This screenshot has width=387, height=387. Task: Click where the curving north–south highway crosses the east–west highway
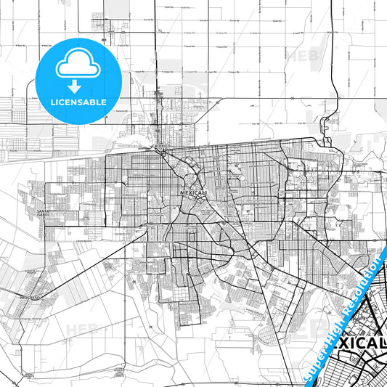[333, 99]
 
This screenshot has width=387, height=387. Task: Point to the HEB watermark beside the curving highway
[299, 54]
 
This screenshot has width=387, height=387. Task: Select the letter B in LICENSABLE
[97, 102]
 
